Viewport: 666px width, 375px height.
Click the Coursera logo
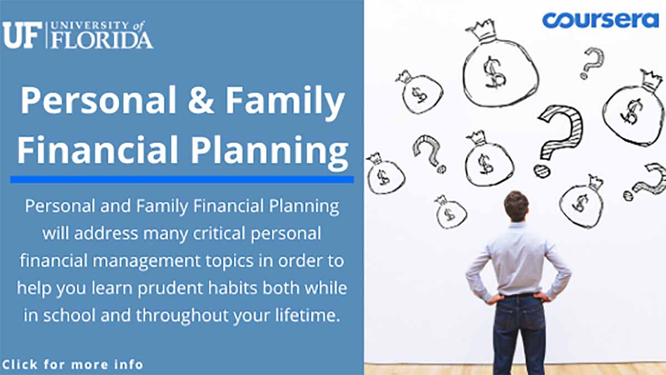coord(601,20)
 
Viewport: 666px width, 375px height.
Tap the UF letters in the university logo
coord(23,35)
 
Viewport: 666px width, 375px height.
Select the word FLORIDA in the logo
coord(102,40)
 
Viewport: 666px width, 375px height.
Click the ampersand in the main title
coord(201,99)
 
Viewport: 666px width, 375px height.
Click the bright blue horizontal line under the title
coord(182,179)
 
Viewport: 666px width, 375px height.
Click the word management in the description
coord(147,261)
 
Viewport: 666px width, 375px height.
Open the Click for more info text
coord(73,364)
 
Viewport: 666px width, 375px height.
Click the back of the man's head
coord(517,206)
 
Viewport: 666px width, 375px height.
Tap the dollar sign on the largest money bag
coord(494,72)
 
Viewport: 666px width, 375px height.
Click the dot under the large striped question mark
coord(542,171)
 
